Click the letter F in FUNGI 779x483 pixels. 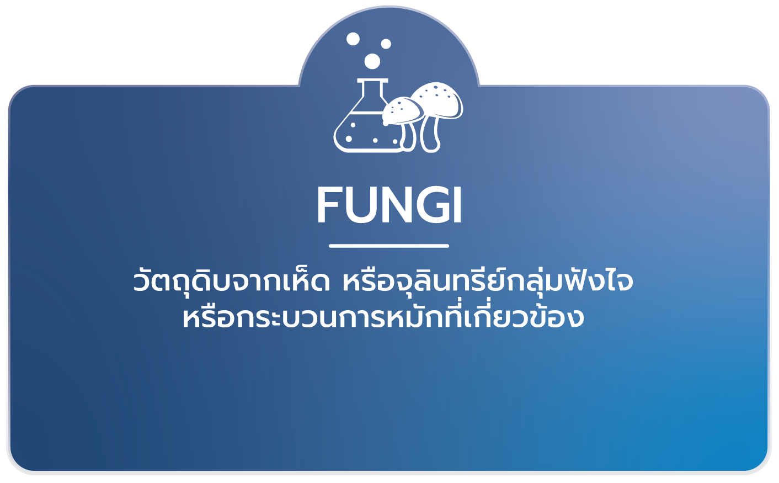click(329, 205)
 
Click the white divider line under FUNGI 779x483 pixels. click(389, 246)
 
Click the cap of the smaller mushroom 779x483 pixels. click(401, 110)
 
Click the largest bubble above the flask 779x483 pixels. click(372, 61)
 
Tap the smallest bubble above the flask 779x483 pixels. click(386, 44)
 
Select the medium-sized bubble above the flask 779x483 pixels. click(353, 39)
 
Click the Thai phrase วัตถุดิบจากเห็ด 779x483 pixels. click(231, 281)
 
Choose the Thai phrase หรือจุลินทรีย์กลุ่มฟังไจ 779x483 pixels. click(488, 281)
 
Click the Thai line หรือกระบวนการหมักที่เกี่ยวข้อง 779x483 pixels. click(383, 317)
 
